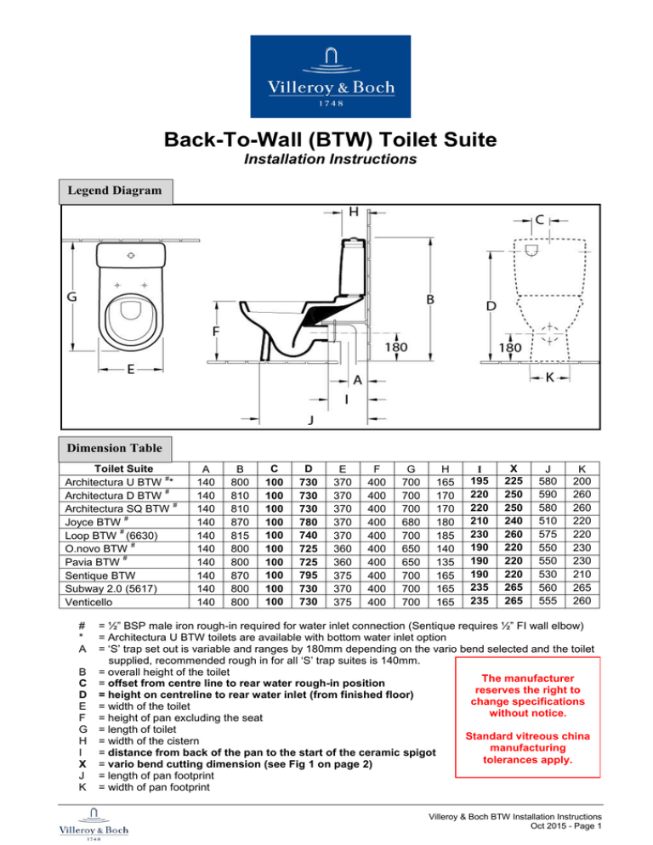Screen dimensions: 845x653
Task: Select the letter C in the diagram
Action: click(540, 220)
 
